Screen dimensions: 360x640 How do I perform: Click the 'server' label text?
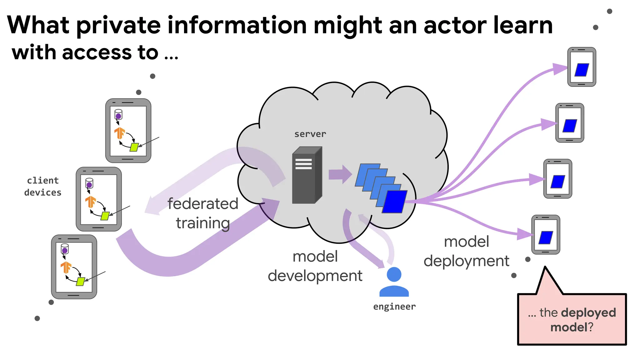[310, 134]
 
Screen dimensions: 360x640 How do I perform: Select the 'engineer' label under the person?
[394, 307]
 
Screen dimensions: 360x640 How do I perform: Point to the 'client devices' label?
[43, 187]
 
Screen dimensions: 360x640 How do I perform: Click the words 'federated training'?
[202, 213]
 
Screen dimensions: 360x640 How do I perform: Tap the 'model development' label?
[315, 266]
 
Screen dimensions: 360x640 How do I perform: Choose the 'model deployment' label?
[466, 251]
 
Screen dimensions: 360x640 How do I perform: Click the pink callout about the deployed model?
[572, 319]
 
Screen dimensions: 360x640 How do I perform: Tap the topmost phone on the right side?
[582, 67]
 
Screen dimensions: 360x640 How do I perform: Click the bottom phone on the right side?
[546, 235]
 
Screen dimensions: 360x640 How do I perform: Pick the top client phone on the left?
[128, 131]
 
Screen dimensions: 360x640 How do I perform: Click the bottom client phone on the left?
[74, 267]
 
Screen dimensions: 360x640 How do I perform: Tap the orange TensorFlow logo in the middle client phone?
[91, 202]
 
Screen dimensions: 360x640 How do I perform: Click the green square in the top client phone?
[134, 147]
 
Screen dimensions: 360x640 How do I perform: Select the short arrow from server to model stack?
[340, 174]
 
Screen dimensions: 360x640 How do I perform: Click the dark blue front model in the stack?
[395, 202]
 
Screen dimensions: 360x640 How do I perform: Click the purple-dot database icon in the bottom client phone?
[65, 249]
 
